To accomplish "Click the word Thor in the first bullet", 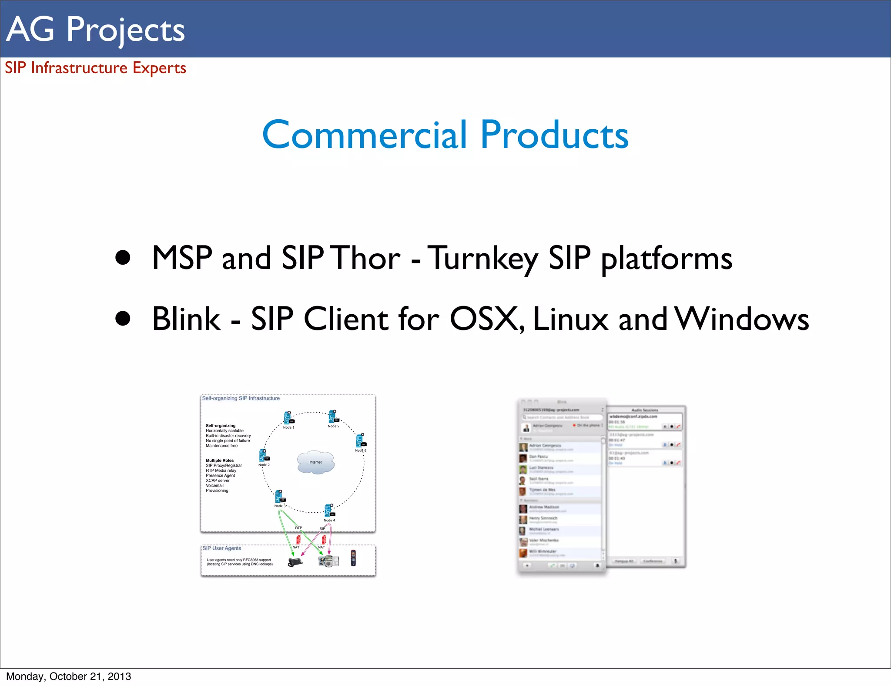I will tap(366, 258).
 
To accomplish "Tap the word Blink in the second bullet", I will tap(186, 319).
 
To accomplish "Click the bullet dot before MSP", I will tap(123, 257).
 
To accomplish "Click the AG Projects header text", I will tap(96, 29).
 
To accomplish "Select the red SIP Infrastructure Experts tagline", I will tap(95, 68).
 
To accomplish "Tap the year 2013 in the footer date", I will tap(119, 676).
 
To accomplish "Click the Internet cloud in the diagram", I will tap(316, 462).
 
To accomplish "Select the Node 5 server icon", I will tap(333, 417).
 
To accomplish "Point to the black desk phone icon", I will tap(295, 562).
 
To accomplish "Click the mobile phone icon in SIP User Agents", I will tap(353, 558).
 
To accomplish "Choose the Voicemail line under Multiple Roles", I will tap(214, 485).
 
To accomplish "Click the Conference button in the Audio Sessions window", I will tap(653, 561).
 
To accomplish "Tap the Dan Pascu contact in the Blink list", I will tap(539, 457).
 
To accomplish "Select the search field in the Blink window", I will tap(561, 417).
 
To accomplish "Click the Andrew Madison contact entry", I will tap(544, 508).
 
